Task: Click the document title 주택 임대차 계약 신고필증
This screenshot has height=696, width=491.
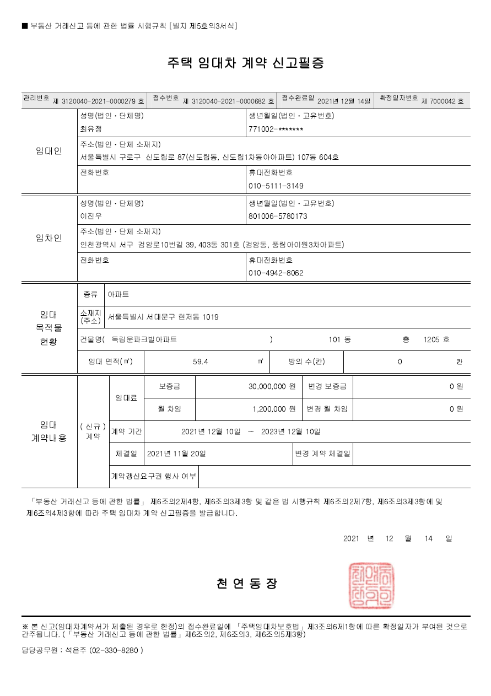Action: click(x=245, y=63)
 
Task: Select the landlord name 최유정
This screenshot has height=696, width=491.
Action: click(x=91, y=129)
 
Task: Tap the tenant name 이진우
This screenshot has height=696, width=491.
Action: click(x=91, y=216)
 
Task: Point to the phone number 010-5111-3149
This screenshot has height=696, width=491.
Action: click(x=276, y=186)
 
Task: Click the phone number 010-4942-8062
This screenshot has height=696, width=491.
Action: click(x=276, y=273)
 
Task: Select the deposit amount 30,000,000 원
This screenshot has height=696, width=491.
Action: click(x=272, y=387)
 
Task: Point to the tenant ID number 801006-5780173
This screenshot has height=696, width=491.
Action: click(x=278, y=216)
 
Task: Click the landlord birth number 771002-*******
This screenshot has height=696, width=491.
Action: click(x=276, y=129)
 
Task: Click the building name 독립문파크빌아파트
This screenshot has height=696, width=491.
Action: click(x=144, y=339)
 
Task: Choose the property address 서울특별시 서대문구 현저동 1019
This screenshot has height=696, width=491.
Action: click(x=163, y=317)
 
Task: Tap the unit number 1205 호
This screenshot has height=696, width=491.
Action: click(x=436, y=339)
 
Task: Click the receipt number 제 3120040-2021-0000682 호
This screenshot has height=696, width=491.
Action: click(x=228, y=101)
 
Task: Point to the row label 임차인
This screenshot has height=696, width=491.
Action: click(x=49, y=238)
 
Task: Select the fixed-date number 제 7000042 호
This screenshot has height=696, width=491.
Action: click(x=443, y=101)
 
